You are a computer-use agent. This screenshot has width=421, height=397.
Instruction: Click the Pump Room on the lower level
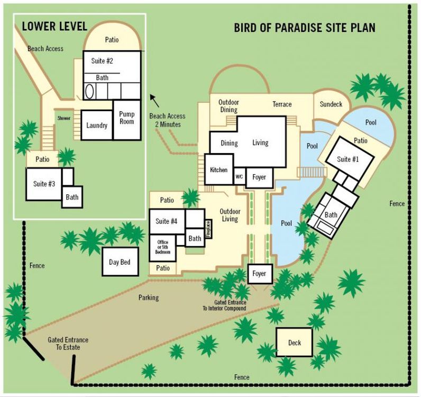tap(127, 120)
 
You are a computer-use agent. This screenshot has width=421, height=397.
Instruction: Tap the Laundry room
tap(97, 125)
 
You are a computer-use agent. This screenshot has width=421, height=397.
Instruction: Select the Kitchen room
tap(219, 169)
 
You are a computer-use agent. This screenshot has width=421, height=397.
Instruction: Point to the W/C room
tap(239, 177)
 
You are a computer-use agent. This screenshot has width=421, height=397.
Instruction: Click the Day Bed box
tap(120, 261)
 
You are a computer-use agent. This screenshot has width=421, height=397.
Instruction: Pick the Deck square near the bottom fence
tap(295, 342)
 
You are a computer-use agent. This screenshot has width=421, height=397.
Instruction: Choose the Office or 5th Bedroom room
tap(163, 248)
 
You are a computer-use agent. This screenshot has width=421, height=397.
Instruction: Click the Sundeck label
tap(331, 104)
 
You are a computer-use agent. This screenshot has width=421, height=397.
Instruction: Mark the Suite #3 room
tap(44, 184)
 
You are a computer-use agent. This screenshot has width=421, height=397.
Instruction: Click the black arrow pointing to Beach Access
tap(154, 101)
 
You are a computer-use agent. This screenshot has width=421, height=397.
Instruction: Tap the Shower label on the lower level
tap(64, 118)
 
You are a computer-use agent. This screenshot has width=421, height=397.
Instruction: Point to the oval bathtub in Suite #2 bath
tap(89, 92)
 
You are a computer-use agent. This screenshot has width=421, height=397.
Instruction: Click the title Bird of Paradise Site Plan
tap(305, 28)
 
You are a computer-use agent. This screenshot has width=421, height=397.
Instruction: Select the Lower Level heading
tap(54, 26)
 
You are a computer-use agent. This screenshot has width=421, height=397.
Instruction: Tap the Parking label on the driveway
tap(149, 297)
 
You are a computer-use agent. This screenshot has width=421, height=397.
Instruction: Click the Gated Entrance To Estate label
tap(68, 344)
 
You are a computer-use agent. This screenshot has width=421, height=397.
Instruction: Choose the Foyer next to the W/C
tap(259, 177)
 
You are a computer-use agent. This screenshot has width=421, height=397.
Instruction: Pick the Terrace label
tap(282, 104)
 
